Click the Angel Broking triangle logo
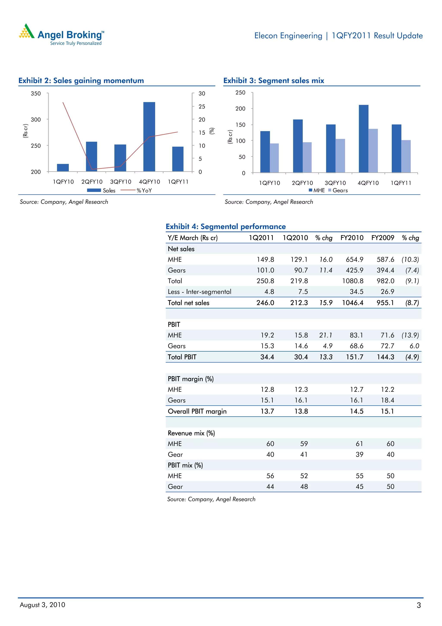(26, 31)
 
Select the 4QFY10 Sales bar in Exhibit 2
(149, 136)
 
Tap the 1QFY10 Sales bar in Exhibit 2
(63, 167)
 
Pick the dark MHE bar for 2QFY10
(298, 146)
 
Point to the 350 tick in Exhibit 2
(36, 94)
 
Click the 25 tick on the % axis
(202, 107)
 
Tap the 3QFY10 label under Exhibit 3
(335, 183)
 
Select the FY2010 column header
(352, 238)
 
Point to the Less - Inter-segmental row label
(199, 292)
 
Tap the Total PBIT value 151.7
(354, 357)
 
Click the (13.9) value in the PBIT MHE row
(410, 335)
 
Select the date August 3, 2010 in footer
(43, 605)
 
